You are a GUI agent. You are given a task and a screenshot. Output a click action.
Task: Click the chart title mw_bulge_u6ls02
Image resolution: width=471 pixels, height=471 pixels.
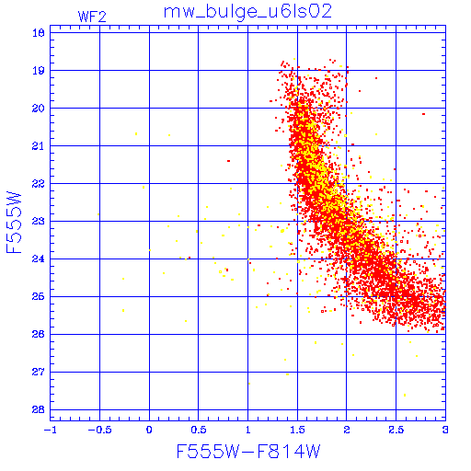247,12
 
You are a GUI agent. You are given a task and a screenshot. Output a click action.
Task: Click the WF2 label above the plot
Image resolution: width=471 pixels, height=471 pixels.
92,17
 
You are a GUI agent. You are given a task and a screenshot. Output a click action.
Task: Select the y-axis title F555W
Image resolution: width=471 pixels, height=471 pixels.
14,223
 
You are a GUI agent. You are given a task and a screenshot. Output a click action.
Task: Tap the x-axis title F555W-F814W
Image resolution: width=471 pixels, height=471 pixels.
248,452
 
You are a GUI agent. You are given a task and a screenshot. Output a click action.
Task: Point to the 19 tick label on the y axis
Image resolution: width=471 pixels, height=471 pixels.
39,71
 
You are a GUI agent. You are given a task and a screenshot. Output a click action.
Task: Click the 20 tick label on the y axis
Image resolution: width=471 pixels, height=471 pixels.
39,109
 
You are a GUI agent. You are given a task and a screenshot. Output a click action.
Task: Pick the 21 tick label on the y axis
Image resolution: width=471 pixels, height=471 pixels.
39,146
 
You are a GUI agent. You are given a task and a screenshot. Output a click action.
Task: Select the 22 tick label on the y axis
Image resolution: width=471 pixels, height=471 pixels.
39,184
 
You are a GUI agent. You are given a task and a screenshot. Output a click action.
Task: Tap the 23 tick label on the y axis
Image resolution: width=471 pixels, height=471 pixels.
39,221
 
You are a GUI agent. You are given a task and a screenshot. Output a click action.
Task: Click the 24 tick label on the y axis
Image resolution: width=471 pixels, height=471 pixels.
39,258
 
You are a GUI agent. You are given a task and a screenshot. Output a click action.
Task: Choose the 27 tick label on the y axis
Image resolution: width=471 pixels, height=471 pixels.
39,372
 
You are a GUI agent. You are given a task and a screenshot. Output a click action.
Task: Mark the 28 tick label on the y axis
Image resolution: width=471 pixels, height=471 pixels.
39,409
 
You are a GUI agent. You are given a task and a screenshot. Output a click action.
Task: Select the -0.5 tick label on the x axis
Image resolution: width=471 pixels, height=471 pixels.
99,430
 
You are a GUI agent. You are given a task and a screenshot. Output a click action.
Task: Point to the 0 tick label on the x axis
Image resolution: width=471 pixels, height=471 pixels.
149,430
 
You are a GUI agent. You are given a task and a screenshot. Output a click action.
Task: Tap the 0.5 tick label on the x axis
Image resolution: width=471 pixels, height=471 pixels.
199,430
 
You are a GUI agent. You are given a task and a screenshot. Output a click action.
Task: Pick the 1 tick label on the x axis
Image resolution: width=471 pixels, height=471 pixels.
248,430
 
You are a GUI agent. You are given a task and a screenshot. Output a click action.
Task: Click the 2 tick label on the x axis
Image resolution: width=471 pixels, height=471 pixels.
347,430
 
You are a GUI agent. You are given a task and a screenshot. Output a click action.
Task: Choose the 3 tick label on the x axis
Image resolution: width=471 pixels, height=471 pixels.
445,430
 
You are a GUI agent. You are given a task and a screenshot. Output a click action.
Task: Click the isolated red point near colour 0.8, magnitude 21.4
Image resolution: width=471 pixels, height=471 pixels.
228,161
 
